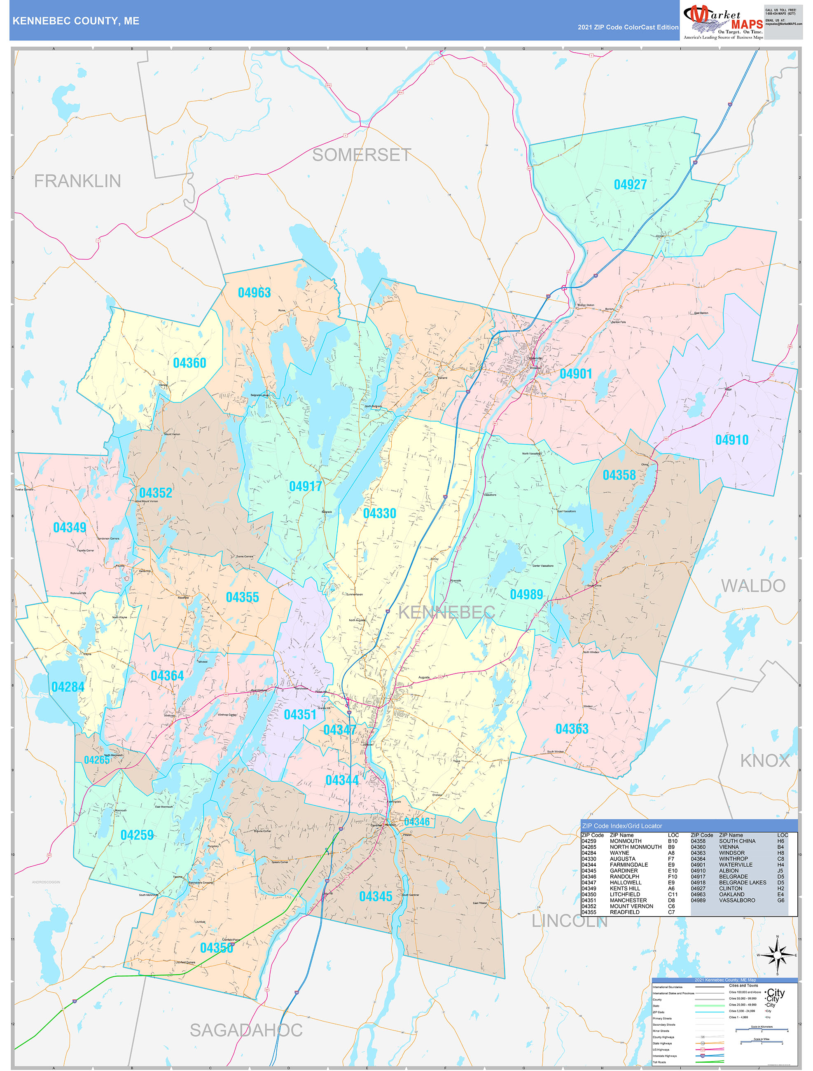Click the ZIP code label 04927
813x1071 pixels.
(630, 185)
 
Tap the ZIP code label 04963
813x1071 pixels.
(254, 292)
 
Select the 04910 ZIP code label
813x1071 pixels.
(731, 440)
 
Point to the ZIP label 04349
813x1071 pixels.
(70, 527)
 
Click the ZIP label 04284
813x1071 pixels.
(68, 687)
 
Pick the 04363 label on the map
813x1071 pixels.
(572, 729)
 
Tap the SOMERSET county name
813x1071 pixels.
(362, 155)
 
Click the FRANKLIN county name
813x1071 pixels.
(77, 181)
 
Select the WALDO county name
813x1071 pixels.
(753, 586)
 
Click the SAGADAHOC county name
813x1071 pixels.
(246, 1030)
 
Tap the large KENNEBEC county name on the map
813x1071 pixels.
(446, 613)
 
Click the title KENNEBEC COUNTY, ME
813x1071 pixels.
(76, 21)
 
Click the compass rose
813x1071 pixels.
(777, 955)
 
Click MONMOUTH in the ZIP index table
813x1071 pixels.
(626, 841)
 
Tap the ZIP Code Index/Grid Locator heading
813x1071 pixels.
(622, 825)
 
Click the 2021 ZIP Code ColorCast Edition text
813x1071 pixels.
(628, 27)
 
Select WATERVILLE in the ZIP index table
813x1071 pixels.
(736, 865)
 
